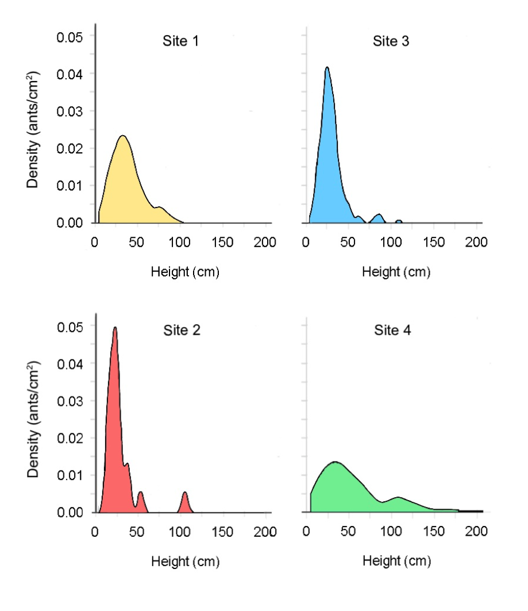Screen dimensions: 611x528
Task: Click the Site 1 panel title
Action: [180, 41]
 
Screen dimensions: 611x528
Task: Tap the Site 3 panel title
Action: [391, 41]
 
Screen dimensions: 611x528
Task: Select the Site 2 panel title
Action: [180, 331]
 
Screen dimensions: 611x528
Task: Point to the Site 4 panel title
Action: [392, 331]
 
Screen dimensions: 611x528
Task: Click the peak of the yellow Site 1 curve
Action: [122, 137]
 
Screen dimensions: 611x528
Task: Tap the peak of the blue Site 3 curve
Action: [327, 68]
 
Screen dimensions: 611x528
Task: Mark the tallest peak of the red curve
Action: [115, 328]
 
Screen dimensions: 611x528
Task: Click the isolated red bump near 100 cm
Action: [185, 497]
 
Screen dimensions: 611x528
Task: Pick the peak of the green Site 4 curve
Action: [334, 462]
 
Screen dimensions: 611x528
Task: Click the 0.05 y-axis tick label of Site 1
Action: [70, 37]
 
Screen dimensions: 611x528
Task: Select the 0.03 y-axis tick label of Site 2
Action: [70, 401]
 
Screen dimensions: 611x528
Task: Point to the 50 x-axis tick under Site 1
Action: [137, 242]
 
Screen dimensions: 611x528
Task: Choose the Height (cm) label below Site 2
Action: [185, 562]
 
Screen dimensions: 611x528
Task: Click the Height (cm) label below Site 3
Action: [396, 272]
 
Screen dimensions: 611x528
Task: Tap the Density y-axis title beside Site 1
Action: [34, 130]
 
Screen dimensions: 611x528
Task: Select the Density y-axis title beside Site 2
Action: [34, 420]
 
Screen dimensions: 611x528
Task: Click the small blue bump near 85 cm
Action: [378, 217]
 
